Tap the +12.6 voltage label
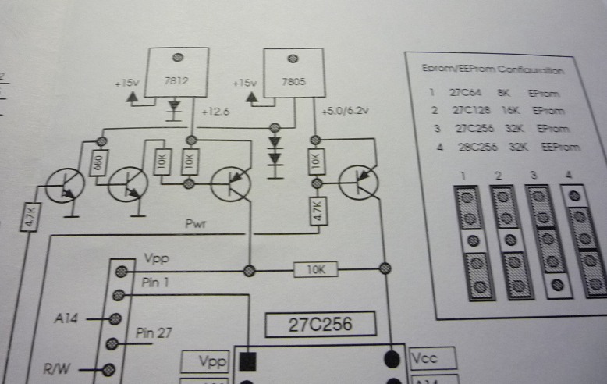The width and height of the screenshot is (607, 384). point(215,112)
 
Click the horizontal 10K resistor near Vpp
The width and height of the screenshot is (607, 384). point(315,270)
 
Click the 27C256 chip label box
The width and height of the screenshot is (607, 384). point(319,324)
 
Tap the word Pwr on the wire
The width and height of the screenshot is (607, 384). point(195,225)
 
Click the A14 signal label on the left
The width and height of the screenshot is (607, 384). point(66,318)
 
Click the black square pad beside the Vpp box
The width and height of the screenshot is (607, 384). point(247,361)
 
